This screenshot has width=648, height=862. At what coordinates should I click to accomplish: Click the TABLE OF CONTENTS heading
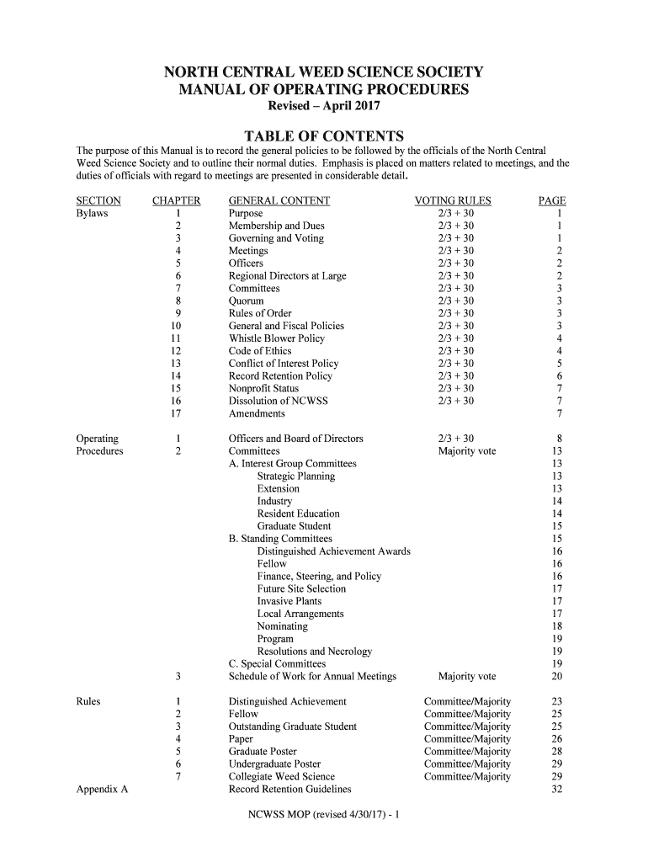tap(323, 136)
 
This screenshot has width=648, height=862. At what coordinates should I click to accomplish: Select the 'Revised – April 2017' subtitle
tap(323, 107)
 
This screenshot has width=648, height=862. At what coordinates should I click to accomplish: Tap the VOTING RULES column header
tap(453, 201)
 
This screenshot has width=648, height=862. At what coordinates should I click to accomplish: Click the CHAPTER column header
tap(176, 201)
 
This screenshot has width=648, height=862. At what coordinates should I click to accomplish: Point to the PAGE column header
tap(552, 201)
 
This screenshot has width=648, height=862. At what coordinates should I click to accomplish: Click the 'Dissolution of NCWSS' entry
tap(278, 402)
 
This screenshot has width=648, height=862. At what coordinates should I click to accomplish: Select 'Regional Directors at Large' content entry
tap(287, 276)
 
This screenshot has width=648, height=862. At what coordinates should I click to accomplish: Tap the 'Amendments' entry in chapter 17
tap(257, 414)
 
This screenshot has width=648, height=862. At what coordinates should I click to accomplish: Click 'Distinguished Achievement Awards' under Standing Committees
tap(333, 551)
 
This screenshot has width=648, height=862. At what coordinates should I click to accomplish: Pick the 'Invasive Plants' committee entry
tap(289, 601)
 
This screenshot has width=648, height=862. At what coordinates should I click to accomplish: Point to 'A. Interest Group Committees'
tap(292, 464)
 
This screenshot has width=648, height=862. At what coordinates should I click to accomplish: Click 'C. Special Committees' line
tap(279, 664)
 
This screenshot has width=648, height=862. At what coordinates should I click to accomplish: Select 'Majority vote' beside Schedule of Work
tap(467, 677)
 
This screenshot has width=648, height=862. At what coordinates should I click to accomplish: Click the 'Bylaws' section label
tap(92, 214)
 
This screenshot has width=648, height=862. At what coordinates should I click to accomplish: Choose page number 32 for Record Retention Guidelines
tap(556, 790)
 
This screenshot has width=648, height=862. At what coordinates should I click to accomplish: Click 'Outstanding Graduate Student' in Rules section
tap(292, 726)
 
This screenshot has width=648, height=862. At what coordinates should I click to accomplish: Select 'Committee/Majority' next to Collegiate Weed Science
tap(467, 777)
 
